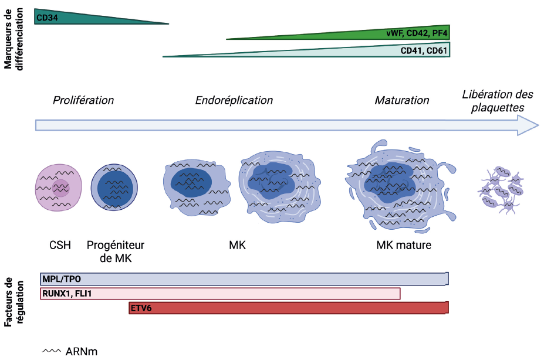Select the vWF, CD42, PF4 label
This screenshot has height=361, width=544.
point(417,33)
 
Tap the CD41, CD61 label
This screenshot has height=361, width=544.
point(424,51)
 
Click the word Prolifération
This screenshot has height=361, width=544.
point(83,100)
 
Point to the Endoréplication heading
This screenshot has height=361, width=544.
point(234,100)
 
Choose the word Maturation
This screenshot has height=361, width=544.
point(402,100)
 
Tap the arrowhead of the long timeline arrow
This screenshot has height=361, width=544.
point(528,125)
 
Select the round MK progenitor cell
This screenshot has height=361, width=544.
point(115,187)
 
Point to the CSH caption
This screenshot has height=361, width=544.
point(60,245)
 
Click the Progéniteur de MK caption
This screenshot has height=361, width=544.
point(115,251)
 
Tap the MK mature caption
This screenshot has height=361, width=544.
point(404,245)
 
